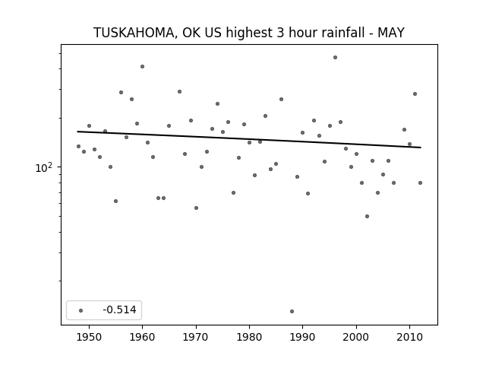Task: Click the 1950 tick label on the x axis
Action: point(89,337)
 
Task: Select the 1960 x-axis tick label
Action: point(142,337)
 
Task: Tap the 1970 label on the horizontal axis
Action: point(196,337)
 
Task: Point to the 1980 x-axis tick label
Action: point(249,337)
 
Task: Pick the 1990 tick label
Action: point(302,337)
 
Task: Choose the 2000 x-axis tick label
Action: point(356,337)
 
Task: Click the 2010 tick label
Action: point(409,337)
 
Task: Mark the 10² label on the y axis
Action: point(44,167)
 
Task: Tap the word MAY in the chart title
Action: point(391,33)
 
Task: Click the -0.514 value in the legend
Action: point(119,309)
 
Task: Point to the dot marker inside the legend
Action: point(81,310)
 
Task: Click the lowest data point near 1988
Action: point(292,311)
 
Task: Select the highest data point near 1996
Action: point(335,58)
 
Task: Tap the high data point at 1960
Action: point(142,66)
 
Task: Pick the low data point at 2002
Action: point(367,216)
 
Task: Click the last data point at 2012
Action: point(420,182)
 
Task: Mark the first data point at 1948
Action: point(78,146)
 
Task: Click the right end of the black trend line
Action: point(421,148)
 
